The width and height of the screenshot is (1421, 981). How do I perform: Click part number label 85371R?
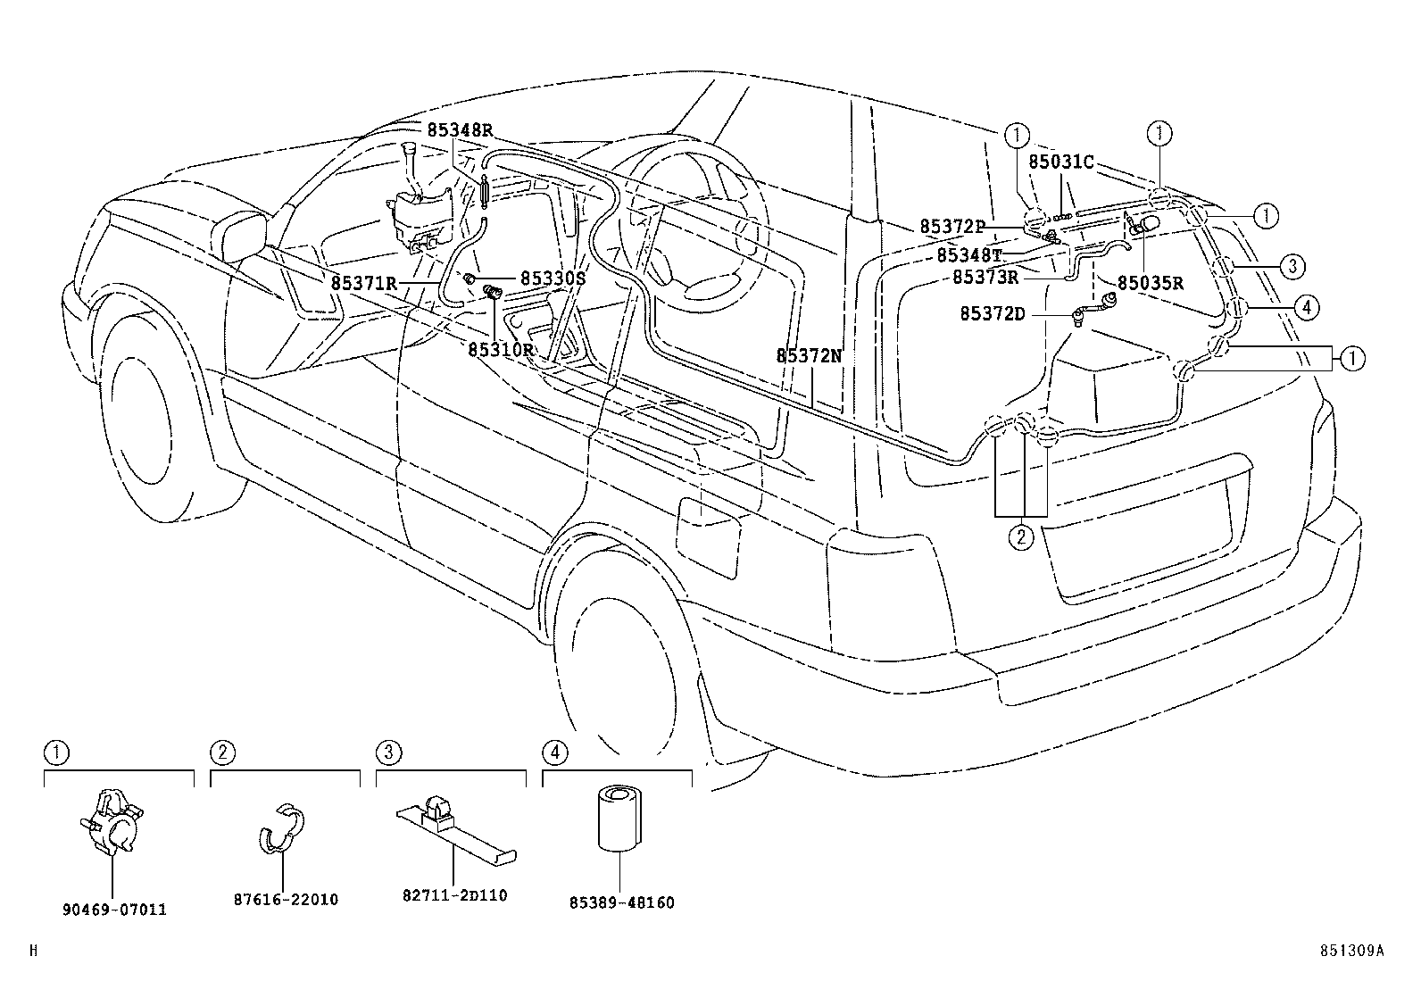(x=363, y=283)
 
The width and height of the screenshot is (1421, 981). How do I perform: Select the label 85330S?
(x=553, y=279)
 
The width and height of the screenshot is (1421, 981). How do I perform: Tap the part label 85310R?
(x=501, y=349)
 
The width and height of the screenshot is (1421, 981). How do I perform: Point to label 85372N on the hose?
(x=809, y=355)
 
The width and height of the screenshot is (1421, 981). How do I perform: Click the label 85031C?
(x=1060, y=162)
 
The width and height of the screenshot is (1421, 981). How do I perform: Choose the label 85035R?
(x=1150, y=284)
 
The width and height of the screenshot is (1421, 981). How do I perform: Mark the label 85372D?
(x=993, y=313)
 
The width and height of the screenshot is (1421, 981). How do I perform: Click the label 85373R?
(x=985, y=277)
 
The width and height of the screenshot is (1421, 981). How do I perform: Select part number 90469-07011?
(x=114, y=910)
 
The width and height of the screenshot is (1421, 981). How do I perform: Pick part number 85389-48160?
(x=621, y=902)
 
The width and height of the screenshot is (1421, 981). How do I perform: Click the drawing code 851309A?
(x=1353, y=951)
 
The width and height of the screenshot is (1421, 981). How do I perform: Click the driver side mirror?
(x=243, y=237)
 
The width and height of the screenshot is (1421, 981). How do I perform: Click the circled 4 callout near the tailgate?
(x=1305, y=308)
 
